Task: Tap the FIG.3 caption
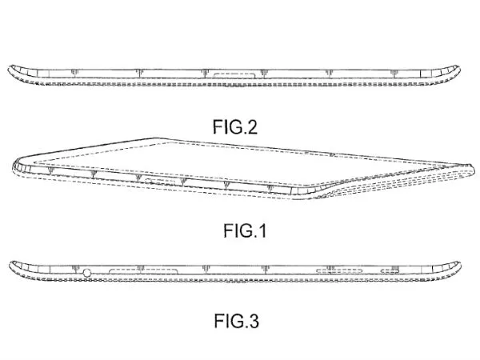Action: tap(237, 322)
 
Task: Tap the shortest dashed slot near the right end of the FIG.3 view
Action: tap(391, 272)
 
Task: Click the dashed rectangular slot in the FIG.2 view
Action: tap(234, 76)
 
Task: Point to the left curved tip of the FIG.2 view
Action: tap(11, 67)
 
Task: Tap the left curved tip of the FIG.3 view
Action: tap(11, 263)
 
